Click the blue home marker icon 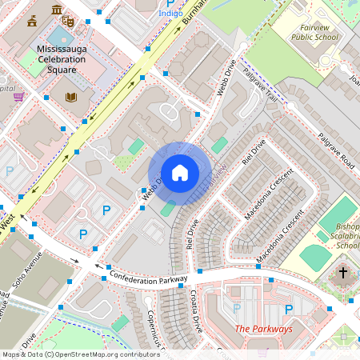(x=179, y=173)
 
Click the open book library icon (x=71, y=98)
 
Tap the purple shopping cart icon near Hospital (x=18, y=97)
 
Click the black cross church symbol (x=343, y=273)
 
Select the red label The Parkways (x=263, y=329)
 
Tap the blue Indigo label (x=170, y=14)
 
